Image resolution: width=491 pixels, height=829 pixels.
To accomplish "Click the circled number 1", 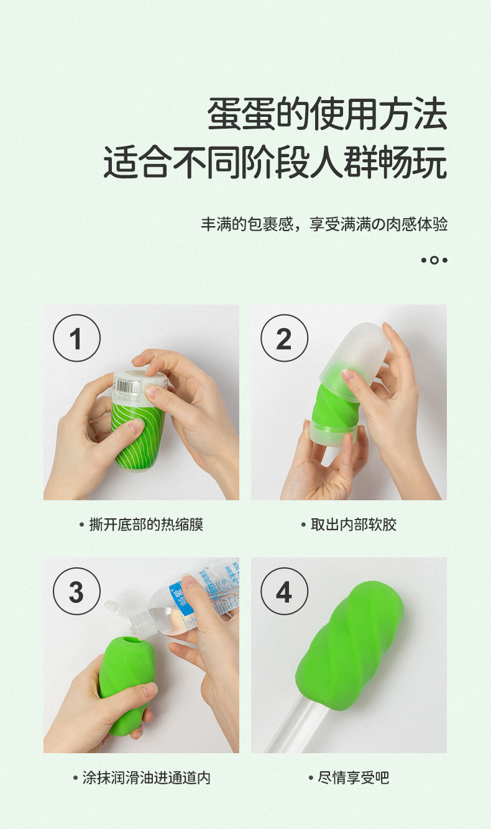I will [x=76, y=338].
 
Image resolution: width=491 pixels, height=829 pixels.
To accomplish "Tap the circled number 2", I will [x=283, y=338].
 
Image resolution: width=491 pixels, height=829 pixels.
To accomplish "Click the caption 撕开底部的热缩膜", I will [x=142, y=524].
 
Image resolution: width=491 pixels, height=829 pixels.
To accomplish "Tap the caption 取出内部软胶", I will [x=349, y=524].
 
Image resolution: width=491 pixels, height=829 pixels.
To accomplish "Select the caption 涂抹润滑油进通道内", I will [x=142, y=777].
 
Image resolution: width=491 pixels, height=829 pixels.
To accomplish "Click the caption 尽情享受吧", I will [x=349, y=777].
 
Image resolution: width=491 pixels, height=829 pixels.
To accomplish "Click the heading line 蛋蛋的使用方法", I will [x=327, y=114].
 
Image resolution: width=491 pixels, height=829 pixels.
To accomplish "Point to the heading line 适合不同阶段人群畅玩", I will [x=275, y=163].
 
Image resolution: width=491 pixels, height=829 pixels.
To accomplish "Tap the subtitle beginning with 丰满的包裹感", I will [x=324, y=224].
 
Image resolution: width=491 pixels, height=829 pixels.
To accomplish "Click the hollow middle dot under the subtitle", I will [x=434, y=260].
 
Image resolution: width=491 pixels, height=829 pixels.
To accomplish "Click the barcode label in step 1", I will [x=133, y=381].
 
